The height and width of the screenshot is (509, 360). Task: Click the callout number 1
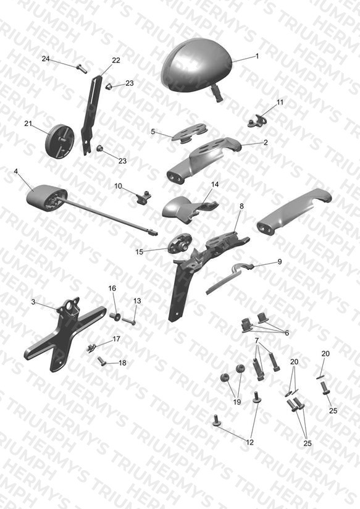pos(257,56)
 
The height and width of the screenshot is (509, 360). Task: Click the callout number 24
pos(46,59)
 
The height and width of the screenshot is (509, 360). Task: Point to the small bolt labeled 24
pos(82,69)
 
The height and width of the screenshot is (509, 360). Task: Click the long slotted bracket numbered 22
pos(90,114)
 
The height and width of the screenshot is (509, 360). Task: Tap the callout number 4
pos(16,171)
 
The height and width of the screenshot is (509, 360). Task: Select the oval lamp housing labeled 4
pos(46,198)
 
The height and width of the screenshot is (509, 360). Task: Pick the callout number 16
pos(112,288)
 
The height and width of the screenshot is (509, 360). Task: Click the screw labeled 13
pos(129,321)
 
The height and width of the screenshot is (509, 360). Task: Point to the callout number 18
pos(122,363)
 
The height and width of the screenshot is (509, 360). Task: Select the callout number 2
pos(266,143)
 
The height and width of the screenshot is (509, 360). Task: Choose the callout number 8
pos(241,206)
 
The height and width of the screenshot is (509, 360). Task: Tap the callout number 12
pos(249,442)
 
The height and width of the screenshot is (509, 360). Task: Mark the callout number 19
pos(237,402)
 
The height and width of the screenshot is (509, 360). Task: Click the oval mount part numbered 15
pos(180,244)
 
